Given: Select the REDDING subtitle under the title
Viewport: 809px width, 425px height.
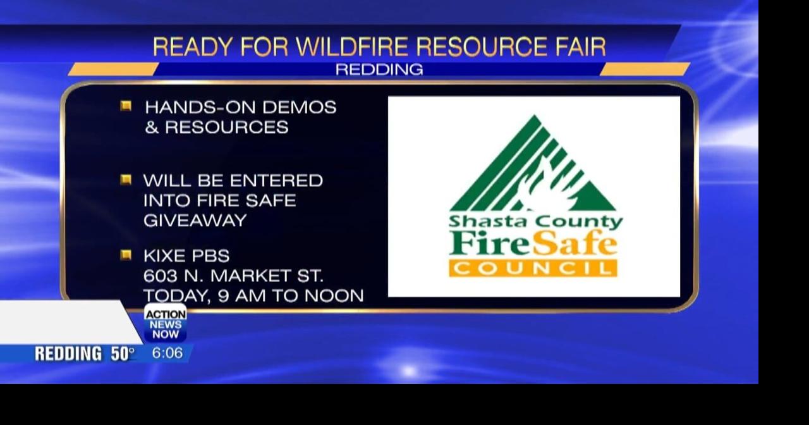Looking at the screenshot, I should [x=379, y=70].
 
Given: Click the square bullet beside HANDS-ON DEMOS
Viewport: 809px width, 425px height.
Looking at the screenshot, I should [x=126, y=106].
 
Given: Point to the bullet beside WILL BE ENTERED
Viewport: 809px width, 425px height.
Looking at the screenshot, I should [x=126, y=180].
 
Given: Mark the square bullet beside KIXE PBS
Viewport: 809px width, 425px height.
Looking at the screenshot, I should [x=126, y=255].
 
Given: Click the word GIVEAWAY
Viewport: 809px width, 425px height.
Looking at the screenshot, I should [x=195, y=221].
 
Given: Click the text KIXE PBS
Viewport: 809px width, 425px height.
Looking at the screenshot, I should [x=186, y=256].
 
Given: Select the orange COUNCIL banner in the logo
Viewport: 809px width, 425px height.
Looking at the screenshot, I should [x=533, y=268].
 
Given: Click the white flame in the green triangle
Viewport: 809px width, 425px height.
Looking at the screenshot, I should [x=544, y=187].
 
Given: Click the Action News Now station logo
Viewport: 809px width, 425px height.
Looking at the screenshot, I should [x=166, y=323].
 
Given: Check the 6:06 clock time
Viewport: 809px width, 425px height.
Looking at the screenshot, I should [x=167, y=354].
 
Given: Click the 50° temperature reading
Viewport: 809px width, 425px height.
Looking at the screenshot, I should [x=123, y=354].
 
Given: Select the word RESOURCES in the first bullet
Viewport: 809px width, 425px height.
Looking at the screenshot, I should [x=226, y=127].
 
